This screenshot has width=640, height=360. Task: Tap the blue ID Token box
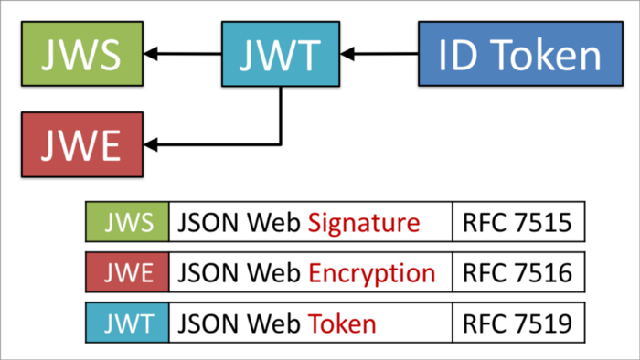click(518, 55)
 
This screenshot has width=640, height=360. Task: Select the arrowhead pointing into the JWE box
click(156, 143)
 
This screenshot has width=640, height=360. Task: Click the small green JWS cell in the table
click(127, 222)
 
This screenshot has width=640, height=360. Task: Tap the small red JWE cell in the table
click(127, 272)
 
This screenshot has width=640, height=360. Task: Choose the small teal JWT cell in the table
click(127, 323)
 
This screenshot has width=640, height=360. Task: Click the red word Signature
click(363, 222)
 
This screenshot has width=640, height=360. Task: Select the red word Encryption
click(371, 272)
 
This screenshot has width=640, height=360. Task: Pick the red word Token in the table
click(342, 323)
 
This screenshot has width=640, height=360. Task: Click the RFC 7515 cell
click(517, 222)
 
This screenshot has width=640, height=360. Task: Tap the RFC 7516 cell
click(517, 272)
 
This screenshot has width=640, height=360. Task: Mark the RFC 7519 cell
click(517, 323)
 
